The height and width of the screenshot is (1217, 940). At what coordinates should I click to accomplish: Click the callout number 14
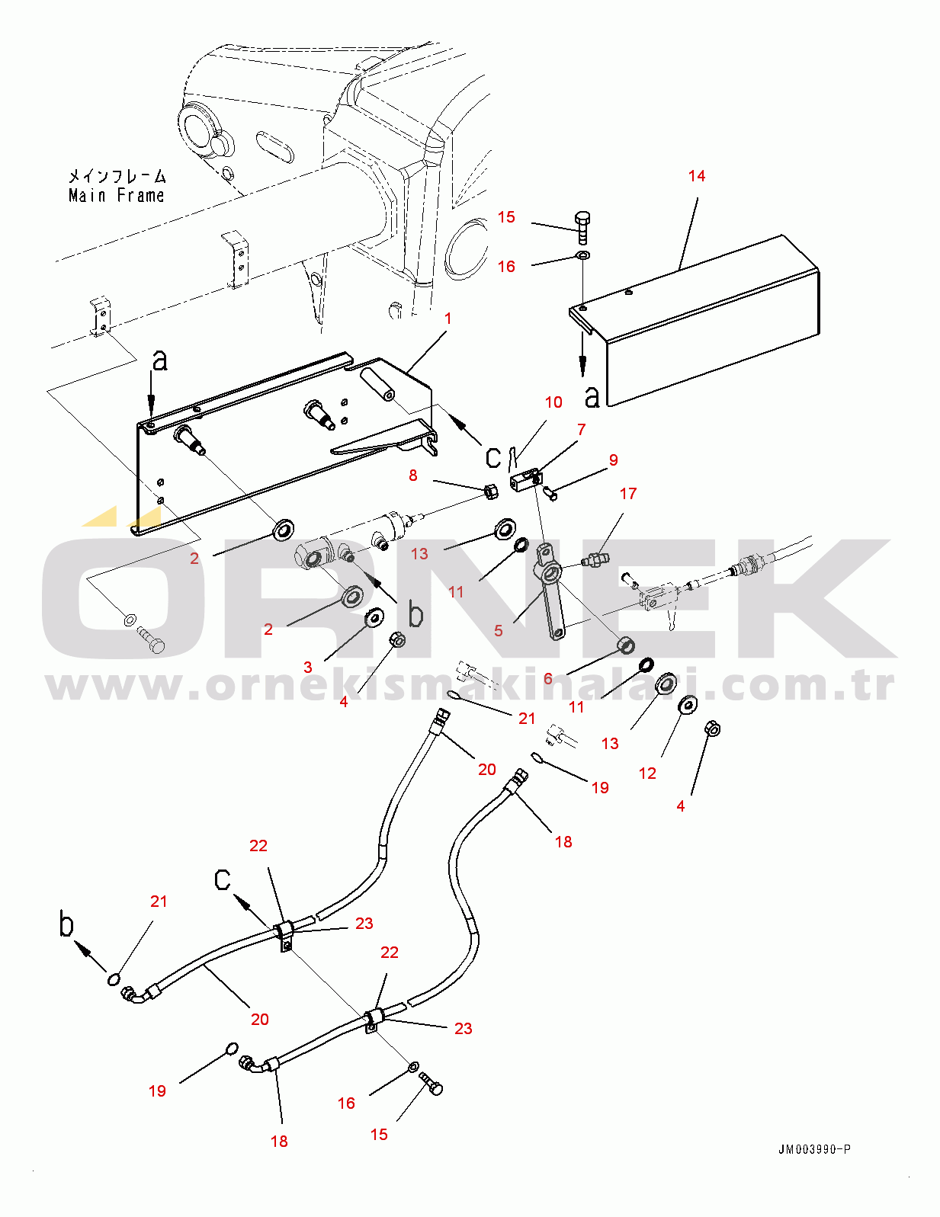(x=696, y=176)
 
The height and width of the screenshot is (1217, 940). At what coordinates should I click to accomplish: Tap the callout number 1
(x=448, y=318)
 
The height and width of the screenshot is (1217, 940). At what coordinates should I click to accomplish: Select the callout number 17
(x=628, y=493)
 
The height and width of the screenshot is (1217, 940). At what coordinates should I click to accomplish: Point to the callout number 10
(x=553, y=402)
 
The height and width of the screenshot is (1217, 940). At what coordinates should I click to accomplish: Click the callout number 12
(x=647, y=773)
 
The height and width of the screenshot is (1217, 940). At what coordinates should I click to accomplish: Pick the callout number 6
(x=548, y=679)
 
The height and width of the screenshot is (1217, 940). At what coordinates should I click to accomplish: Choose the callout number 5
(x=498, y=631)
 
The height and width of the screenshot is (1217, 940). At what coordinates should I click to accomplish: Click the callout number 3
(x=307, y=667)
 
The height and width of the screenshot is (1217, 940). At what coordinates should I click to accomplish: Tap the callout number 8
(x=413, y=476)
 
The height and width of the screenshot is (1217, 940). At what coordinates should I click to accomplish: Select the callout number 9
(x=614, y=460)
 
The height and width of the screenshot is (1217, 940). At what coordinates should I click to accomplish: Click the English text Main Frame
(x=117, y=195)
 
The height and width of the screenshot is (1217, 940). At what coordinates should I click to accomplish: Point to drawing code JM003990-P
(x=814, y=1150)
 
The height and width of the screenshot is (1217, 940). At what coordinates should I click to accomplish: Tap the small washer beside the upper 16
(x=582, y=257)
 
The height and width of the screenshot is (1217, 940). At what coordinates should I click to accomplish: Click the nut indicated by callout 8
(x=491, y=492)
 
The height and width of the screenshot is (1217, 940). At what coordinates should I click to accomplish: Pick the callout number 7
(x=582, y=430)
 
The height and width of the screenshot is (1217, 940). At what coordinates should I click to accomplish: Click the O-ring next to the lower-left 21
(x=114, y=979)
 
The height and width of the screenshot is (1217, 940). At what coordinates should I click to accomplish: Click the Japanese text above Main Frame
(x=117, y=177)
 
